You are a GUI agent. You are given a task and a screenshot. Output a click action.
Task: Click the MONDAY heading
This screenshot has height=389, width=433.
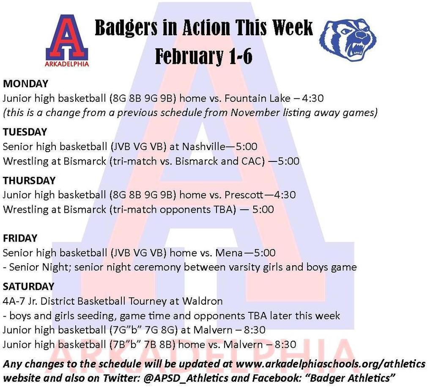pos(25,83)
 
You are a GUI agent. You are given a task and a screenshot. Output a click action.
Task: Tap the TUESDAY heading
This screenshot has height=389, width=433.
pos(25,132)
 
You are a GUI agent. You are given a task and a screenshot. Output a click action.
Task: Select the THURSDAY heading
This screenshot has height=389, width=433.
pos(29,181)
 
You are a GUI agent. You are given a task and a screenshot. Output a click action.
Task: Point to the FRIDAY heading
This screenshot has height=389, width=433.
pos(20,238)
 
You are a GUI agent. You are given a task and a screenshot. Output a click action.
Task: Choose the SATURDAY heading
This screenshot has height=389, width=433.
pos(28,286)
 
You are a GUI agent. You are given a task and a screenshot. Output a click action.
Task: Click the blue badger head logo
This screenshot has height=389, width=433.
pos(348,39)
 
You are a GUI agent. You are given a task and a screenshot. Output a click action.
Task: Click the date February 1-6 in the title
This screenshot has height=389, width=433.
pos(204,56)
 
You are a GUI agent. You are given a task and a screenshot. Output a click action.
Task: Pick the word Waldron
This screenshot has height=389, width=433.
pos(202,301)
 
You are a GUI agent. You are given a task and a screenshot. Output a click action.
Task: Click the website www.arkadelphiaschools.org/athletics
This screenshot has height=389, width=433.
pos(330,364)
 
